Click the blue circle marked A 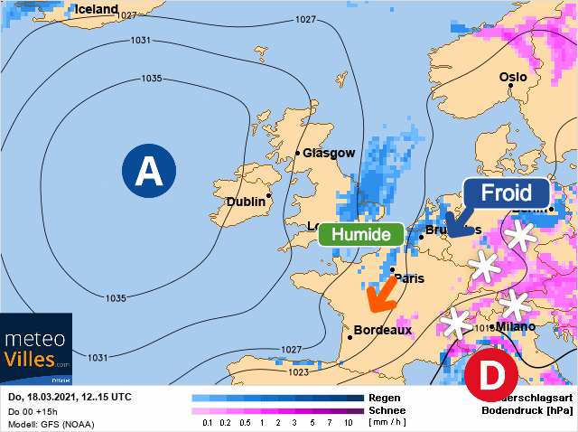(x=147, y=171)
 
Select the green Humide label (x=361, y=234)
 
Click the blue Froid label (x=506, y=193)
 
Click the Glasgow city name (x=329, y=154)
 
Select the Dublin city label (x=248, y=202)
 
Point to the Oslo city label (x=513, y=78)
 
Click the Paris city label (x=410, y=278)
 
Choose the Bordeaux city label (x=383, y=330)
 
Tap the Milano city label (x=515, y=326)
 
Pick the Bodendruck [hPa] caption (x=527, y=409)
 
